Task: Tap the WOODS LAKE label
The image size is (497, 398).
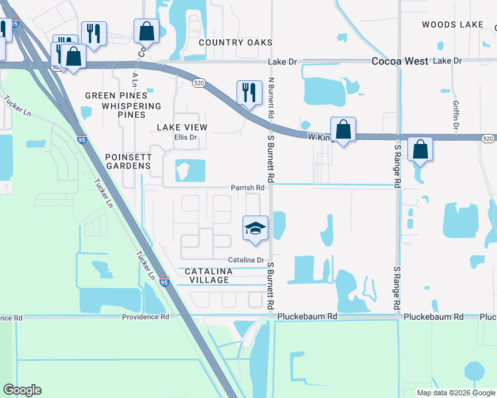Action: tap(452, 25)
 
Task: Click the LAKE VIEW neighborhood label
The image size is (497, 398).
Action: tap(182, 127)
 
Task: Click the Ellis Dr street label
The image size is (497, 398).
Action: tap(186, 137)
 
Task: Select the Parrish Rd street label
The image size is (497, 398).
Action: tap(248, 188)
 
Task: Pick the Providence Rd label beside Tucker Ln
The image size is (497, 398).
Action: tap(146, 317)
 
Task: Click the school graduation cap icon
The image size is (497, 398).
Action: tap(255, 228)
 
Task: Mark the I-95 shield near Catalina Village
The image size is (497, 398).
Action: tap(164, 283)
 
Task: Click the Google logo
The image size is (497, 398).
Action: tap(22, 390)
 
